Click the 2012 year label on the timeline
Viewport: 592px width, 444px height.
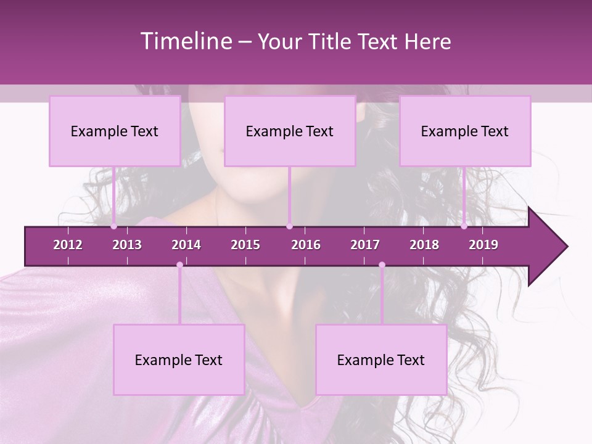tap(68, 245)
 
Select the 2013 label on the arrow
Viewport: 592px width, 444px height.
tap(127, 245)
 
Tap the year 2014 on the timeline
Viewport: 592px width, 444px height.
tap(186, 245)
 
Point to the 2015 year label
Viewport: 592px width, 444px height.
tap(245, 245)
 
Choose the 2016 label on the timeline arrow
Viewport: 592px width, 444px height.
tap(306, 245)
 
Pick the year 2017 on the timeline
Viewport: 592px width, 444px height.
tap(365, 245)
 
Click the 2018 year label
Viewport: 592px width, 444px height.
tap(424, 245)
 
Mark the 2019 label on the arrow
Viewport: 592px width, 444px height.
tap(483, 245)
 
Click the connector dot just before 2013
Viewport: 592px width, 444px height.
tap(114, 226)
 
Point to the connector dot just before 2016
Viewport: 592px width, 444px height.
tap(289, 226)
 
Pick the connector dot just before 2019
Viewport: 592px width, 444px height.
tap(464, 226)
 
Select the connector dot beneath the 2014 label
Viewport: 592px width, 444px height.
tap(179, 265)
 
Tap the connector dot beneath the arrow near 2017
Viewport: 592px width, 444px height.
tap(382, 265)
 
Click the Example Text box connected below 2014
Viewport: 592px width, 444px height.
tap(179, 360)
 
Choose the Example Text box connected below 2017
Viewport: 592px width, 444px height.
tap(381, 360)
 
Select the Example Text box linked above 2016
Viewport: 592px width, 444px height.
tap(290, 131)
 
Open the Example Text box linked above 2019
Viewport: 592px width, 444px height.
tap(465, 131)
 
